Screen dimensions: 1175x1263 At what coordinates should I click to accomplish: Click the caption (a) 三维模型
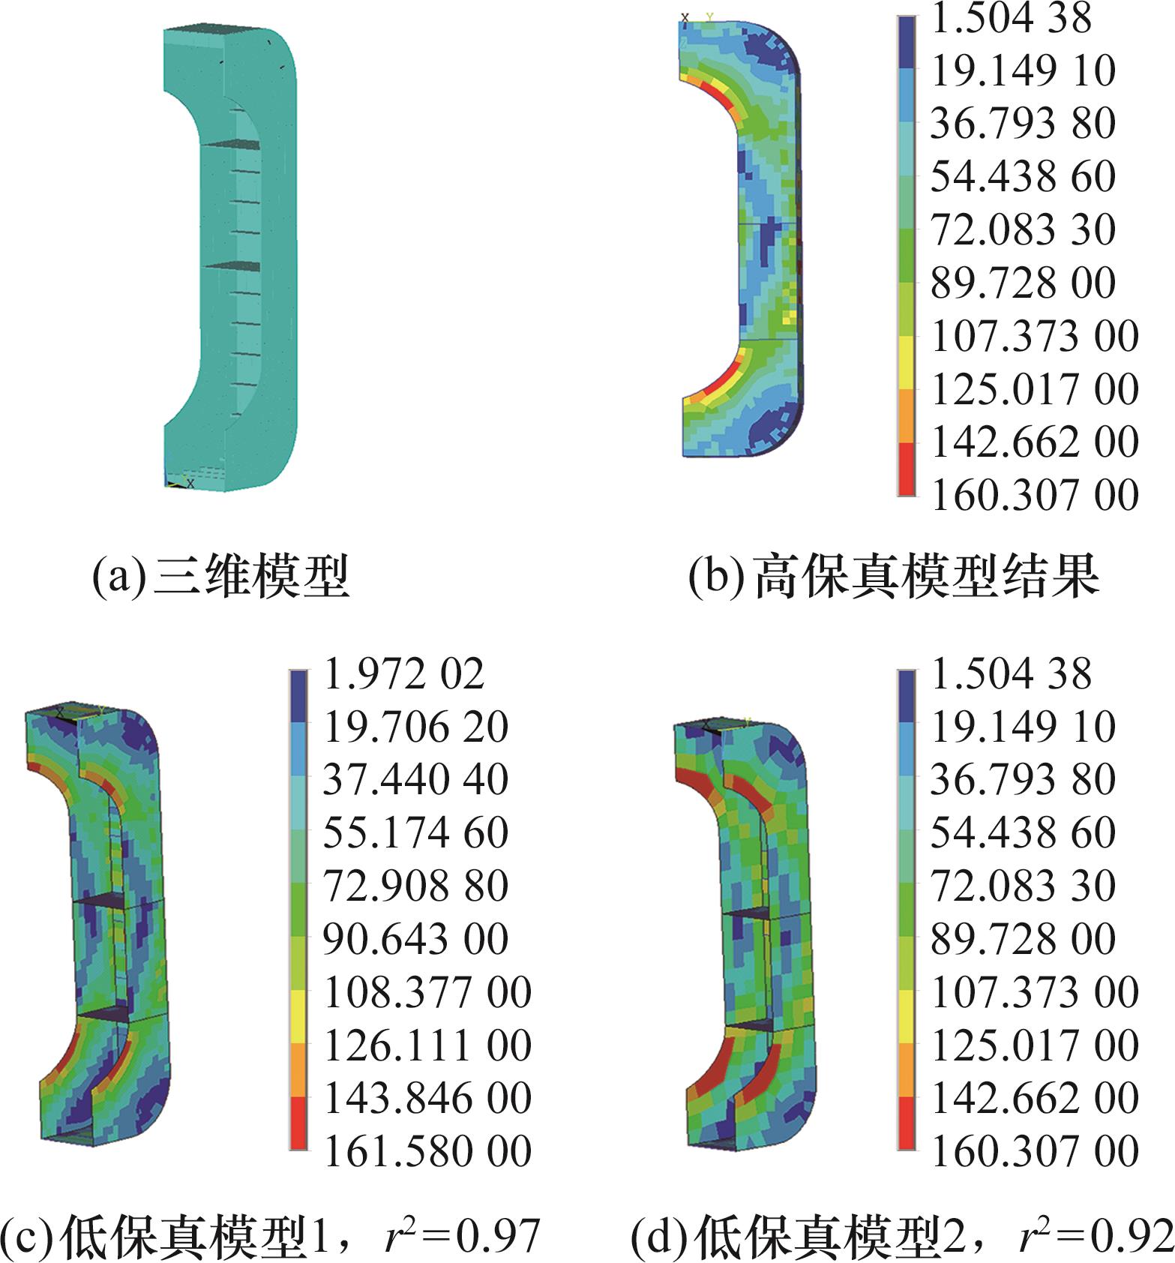tap(221, 576)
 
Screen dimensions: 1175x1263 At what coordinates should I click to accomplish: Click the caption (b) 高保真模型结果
tap(894, 576)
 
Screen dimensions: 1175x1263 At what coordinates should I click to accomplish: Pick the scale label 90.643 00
tap(415, 938)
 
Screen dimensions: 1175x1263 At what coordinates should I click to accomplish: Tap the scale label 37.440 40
tap(415, 779)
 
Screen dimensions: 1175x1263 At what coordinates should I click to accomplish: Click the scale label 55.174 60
tap(415, 832)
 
